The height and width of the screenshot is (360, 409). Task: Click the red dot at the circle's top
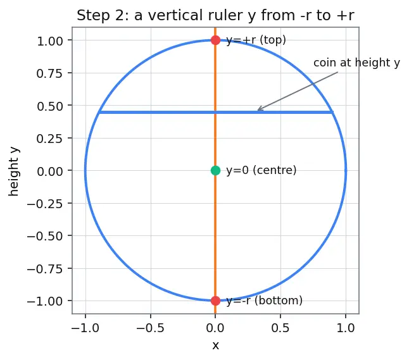point(215,40)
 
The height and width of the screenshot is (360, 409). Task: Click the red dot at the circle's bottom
point(215,301)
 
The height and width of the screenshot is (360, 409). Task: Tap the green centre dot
point(215,170)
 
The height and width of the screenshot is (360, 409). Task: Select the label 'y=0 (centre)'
point(261,170)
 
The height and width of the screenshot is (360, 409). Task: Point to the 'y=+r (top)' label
point(256,40)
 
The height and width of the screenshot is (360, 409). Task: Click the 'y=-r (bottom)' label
point(265,301)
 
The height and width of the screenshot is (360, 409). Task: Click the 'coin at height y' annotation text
point(356,63)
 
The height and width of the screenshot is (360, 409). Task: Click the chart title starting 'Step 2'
point(215,15)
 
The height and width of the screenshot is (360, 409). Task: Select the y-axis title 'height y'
point(14,172)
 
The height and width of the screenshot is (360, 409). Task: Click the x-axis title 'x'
point(215,345)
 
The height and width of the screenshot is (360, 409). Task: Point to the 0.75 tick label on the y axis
point(49,73)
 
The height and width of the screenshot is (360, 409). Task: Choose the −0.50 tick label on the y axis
point(45,236)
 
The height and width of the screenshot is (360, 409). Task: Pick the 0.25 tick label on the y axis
point(49,139)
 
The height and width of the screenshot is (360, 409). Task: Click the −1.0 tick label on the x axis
point(85,328)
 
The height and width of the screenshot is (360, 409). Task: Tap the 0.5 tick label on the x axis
point(280,328)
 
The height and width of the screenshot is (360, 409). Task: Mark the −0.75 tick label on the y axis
point(45,269)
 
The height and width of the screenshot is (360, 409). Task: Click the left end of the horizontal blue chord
point(99,113)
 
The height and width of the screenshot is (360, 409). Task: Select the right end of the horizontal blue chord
point(332,113)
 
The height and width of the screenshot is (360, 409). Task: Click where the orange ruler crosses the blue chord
point(215,113)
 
